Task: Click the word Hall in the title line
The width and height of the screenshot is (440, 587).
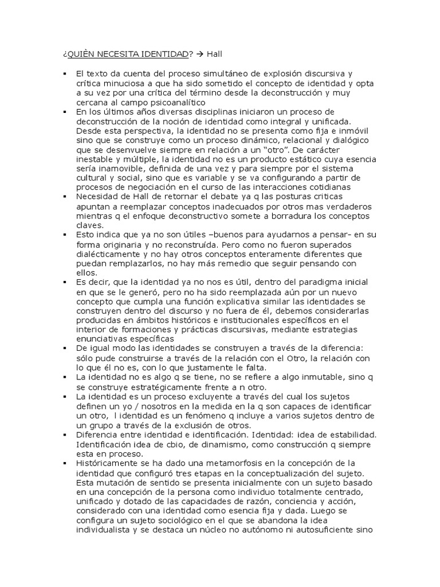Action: point(215,54)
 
